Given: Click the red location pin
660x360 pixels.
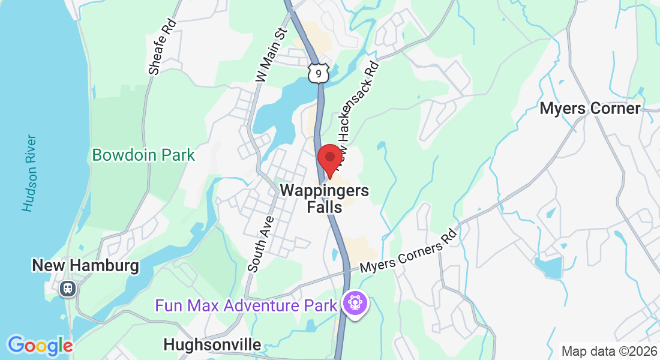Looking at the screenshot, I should (x=329, y=159).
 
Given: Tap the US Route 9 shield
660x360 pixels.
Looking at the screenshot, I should (x=319, y=73).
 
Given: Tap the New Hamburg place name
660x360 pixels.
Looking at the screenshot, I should (x=85, y=265).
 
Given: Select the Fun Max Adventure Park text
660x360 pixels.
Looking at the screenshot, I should (x=247, y=305).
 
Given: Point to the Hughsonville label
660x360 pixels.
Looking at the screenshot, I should (x=212, y=344).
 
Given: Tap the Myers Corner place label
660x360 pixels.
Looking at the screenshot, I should (x=590, y=109).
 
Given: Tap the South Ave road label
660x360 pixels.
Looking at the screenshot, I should (x=262, y=244).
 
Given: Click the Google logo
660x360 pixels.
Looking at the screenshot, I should (x=40, y=346).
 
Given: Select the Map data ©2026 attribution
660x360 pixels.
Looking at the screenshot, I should (x=609, y=351).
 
